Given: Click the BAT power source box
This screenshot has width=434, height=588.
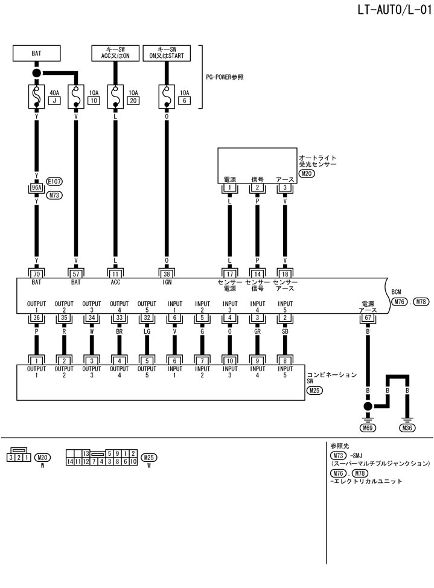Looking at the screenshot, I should pyautogui.click(x=36, y=53).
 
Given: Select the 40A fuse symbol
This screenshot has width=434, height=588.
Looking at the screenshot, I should pyautogui.click(x=36, y=96).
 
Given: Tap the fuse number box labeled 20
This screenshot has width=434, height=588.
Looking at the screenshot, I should pyautogui.click(x=132, y=101).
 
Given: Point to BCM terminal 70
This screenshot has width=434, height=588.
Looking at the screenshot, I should pyautogui.click(x=36, y=272).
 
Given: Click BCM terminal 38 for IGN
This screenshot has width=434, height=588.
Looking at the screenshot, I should pyautogui.click(x=167, y=272).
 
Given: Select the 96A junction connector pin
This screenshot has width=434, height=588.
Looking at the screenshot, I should pyautogui.click(x=36, y=188).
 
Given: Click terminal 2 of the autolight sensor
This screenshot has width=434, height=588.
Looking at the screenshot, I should pyautogui.click(x=258, y=188).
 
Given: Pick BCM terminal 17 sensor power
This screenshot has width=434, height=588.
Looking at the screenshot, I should pyautogui.click(x=230, y=272).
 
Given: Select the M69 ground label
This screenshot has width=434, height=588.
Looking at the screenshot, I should pyautogui.click(x=366, y=428).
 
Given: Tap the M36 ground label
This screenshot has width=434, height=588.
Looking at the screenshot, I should pyautogui.click(x=407, y=428).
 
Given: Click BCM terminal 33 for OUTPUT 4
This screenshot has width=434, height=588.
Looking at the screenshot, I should pyautogui.click(x=119, y=319).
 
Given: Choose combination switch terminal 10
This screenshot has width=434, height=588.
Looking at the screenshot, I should pyautogui.click(x=230, y=360).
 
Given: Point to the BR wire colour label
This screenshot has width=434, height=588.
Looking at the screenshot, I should pyautogui.click(x=119, y=331).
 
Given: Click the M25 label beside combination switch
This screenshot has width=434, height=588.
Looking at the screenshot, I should pyautogui.click(x=314, y=391).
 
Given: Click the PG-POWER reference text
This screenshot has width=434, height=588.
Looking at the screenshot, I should pyautogui.click(x=228, y=77).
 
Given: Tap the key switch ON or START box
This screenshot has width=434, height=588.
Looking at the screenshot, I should pyautogui.click(x=167, y=53).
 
